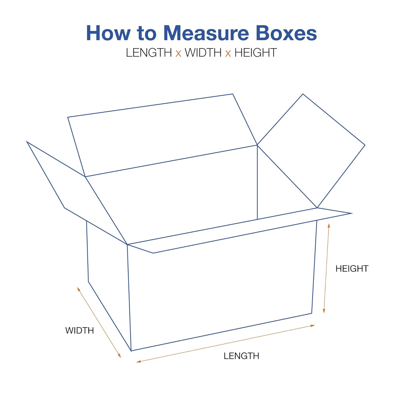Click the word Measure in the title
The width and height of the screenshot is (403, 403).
[206, 33]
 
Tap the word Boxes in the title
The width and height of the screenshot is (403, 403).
[286, 33]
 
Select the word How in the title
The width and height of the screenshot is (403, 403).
[108, 33]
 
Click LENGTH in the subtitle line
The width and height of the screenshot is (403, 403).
[149, 53]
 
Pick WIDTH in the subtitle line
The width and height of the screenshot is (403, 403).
[203, 53]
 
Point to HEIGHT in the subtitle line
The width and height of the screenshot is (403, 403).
[256, 53]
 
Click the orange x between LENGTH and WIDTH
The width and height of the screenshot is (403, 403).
[178, 53]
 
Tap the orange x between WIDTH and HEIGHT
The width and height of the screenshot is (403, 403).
[228, 53]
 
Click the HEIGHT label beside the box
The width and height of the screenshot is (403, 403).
[352, 268]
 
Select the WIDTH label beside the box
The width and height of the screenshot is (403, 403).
[80, 330]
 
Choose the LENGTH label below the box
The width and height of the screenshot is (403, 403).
[241, 356]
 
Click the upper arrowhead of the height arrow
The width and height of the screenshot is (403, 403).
[329, 225]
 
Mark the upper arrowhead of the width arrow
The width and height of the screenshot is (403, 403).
[78, 289]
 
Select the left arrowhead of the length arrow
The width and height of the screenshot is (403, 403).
[138, 362]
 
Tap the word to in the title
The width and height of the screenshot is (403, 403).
[146, 33]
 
